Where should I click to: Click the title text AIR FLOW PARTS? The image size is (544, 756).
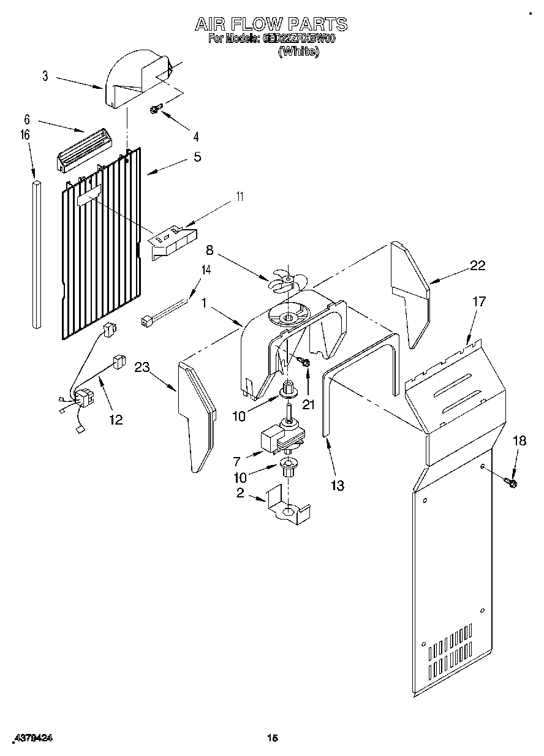pyautogui.click(x=271, y=24)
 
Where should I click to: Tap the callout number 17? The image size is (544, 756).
pyautogui.click(x=478, y=301)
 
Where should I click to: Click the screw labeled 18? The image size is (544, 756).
pyautogui.click(x=511, y=483)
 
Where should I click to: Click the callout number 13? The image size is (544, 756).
pyautogui.click(x=337, y=486)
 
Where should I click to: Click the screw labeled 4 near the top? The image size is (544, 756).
pyautogui.click(x=156, y=109)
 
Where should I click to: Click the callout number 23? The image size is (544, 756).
pyautogui.click(x=142, y=368)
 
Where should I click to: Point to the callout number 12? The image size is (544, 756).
pyautogui.click(x=115, y=420)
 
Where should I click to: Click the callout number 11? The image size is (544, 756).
pyautogui.click(x=240, y=197)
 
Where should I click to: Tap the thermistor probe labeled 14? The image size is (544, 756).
pyautogui.click(x=164, y=314)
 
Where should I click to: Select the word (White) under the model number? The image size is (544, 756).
pyautogui.click(x=298, y=53)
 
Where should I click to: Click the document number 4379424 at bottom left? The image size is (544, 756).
pyautogui.click(x=34, y=738)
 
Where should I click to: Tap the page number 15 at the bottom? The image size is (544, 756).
pyautogui.click(x=273, y=739)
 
